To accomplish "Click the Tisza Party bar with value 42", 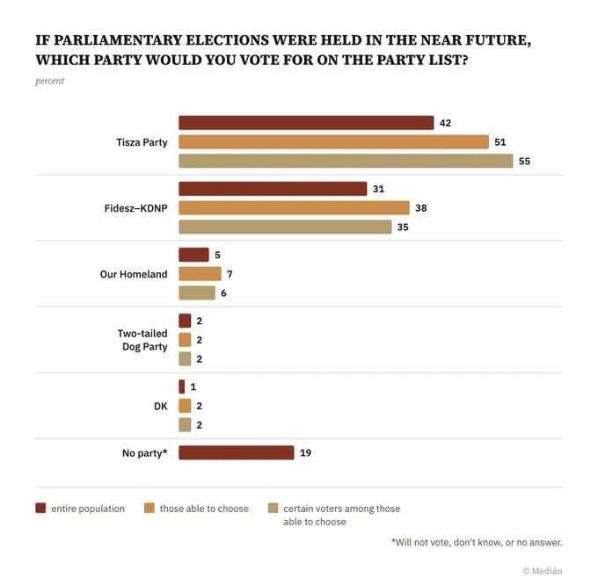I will tap(306, 123).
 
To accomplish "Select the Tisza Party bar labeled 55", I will tap(346, 161).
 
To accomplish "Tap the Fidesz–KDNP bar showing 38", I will tap(294, 208).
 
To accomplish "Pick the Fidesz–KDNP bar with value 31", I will tap(273, 189).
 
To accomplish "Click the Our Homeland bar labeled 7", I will tap(200, 274).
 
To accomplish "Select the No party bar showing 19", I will tap(236, 453).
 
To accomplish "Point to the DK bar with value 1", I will tap(181, 386).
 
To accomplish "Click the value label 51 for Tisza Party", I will tap(500, 142).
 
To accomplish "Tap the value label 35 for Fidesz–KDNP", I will tap(403, 227).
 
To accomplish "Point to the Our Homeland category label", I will tap(133, 274).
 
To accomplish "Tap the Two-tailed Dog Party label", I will tap(142, 340).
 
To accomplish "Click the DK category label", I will tap(159, 406).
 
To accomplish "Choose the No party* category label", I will tap(144, 453).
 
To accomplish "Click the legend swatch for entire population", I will tap(40, 508).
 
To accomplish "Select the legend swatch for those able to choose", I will tap(149, 508).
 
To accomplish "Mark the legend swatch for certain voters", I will tap(273, 508).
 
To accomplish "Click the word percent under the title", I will tap(49, 82).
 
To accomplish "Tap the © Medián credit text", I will tap(542, 570).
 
